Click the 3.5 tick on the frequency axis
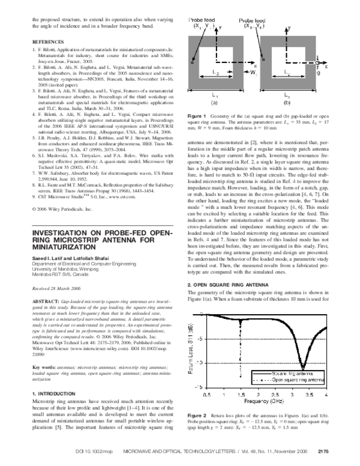point(307,395)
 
